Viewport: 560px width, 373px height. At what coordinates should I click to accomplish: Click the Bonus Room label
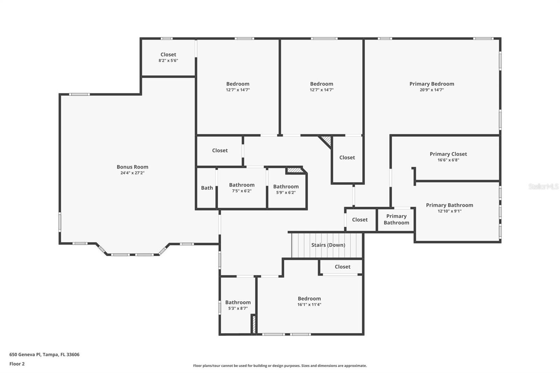[x=132, y=167]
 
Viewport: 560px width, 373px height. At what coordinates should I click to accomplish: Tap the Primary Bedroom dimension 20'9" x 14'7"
[x=432, y=90]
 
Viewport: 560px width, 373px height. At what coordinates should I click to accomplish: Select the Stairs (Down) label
[x=328, y=245]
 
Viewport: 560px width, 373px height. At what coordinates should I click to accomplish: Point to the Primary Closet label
[x=448, y=154]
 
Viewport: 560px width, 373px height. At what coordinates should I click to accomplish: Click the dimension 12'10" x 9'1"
[x=449, y=211]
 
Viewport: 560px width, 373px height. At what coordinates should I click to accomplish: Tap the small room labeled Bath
[x=207, y=188]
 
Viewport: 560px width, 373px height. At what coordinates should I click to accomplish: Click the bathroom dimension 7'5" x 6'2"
[x=241, y=191]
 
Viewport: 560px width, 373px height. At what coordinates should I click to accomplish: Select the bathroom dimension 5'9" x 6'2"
[x=286, y=192]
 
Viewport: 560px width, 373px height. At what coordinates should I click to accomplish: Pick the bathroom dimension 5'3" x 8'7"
[x=238, y=308]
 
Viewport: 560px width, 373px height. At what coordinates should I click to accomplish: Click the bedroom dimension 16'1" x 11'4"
[x=309, y=304]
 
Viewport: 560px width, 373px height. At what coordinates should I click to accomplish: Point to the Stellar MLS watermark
[x=543, y=186]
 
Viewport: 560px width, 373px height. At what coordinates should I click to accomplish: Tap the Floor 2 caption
[x=17, y=364]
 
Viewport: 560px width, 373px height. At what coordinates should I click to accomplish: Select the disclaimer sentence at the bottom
[x=280, y=366]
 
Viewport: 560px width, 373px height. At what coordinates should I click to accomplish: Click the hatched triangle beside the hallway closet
[x=327, y=141]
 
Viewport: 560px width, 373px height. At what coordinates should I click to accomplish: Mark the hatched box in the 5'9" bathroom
[x=294, y=170]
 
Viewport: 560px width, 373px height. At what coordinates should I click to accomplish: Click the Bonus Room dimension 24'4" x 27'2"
[x=132, y=173]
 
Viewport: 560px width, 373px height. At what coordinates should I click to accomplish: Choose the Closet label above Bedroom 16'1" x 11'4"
[x=342, y=267]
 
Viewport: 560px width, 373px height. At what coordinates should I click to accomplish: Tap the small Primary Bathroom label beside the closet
[x=396, y=219]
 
